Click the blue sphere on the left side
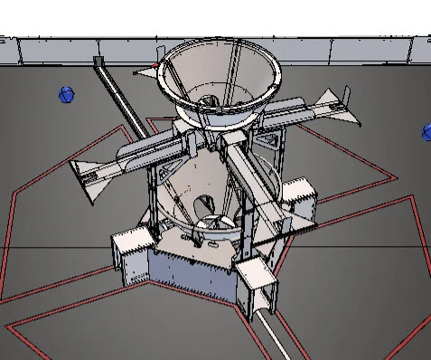(65, 94)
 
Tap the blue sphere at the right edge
(426, 133)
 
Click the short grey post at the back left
(98, 62)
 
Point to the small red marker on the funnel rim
(159, 68)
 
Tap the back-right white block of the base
(299, 199)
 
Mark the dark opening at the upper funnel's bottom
(209, 102)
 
